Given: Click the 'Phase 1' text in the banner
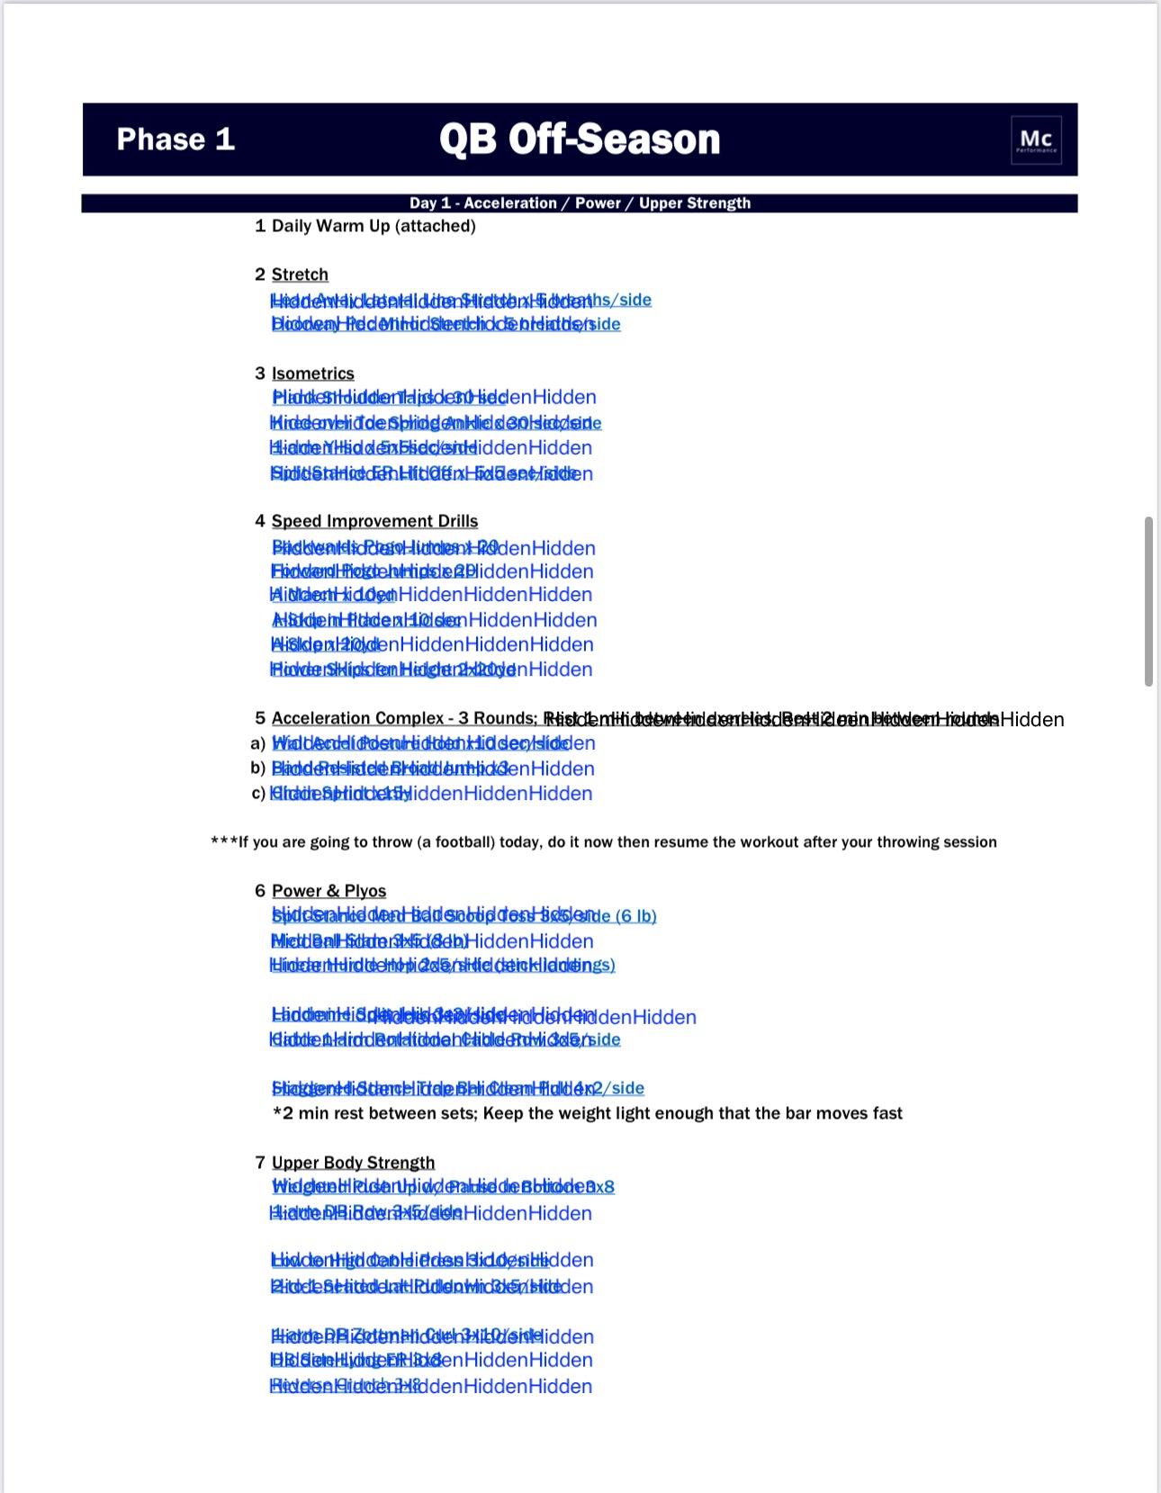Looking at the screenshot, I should pyautogui.click(x=175, y=139).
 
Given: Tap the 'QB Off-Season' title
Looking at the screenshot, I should pyautogui.click(x=580, y=139).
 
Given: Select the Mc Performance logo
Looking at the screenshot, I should pyautogui.click(x=1036, y=140).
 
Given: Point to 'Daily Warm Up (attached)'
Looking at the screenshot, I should pyautogui.click(x=373, y=226).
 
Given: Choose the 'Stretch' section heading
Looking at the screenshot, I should pyautogui.click(x=300, y=274).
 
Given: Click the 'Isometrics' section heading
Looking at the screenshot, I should pyautogui.click(x=312, y=373).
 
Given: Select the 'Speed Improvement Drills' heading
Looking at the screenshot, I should pyautogui.click(x=374, y=521).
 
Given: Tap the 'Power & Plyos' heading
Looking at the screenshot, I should pyautogui.click(x=328, y=891).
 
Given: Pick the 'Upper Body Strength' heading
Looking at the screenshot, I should pyautogui.click(x=353, y=1163).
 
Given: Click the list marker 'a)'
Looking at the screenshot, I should pyautogui.click(x=258, y=744).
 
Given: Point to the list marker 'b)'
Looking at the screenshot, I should pyautogui.click(x=258, y=769).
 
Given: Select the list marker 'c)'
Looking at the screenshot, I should pyautogui.click(x=258, y=794).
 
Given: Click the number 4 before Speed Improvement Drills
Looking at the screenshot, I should pyautogui.click(x=260, y=521).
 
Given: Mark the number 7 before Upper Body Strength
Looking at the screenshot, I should pyautogui.click(x=260, y=1163).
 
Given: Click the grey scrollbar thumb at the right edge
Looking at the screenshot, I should pyautogui.click(x=1148, y=601).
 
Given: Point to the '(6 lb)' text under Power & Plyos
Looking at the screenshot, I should pyautogui.click(x=635, y=916).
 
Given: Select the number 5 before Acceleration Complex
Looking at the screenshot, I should pyautogui.click(x=260, y=718).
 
